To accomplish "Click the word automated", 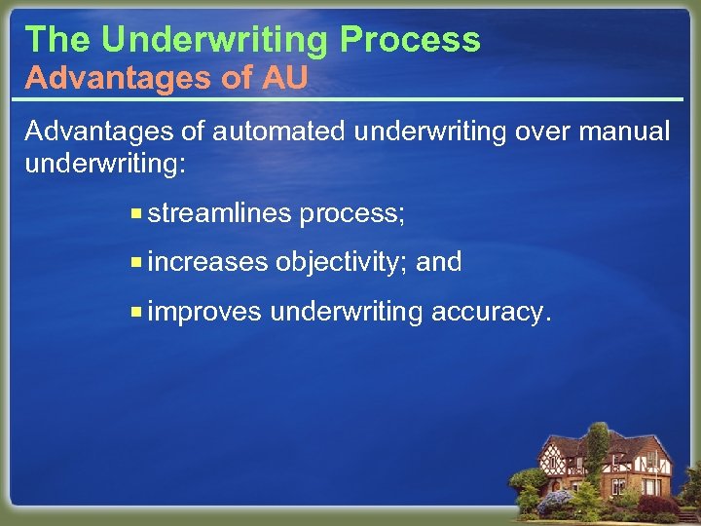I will (x=254, y=131).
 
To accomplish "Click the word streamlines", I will (x=220, y=213).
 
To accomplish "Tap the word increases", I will (x=207, y=262).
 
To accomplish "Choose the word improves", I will (x=204, y=312).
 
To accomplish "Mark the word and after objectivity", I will (x=438, y=262).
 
